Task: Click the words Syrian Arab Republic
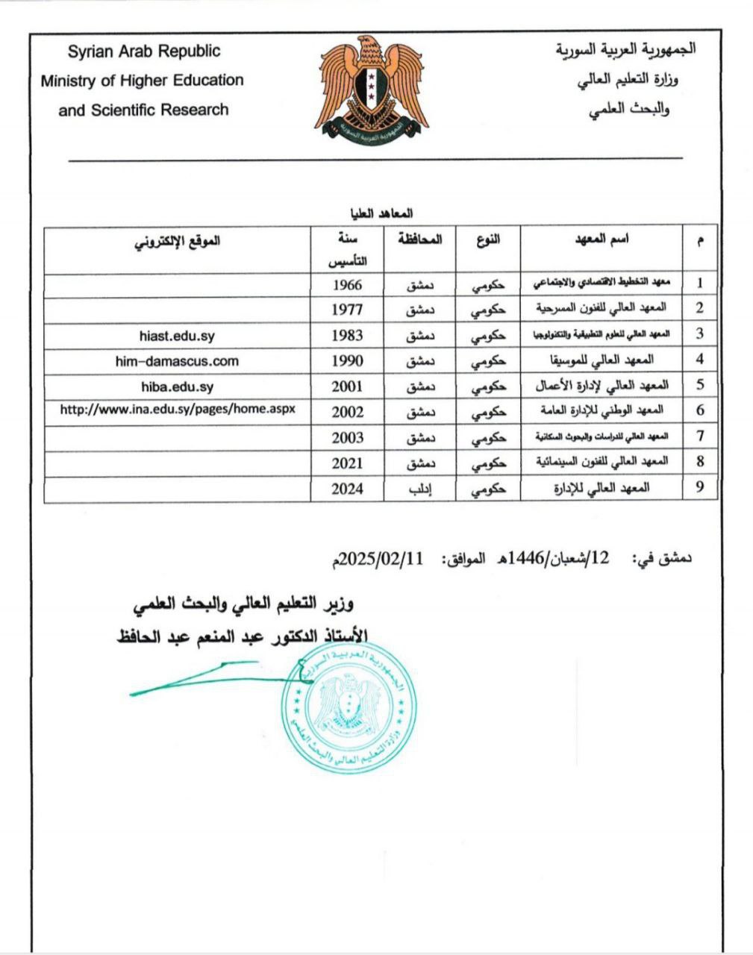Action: pos(144,51)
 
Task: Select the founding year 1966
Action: pos(347,284)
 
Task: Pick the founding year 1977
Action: pos(347,309)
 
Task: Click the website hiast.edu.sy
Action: pos(177,336)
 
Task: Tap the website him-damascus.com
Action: pos(177,361)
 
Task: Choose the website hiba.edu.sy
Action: pos(177,386)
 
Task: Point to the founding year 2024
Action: pos(347,489)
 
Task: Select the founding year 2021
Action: pos(347,463)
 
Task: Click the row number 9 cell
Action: pos(700,488)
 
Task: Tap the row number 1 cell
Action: pos(700,284)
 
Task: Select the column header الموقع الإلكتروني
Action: pos(177,240)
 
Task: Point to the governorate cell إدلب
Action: pos(421,489)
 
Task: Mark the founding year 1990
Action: pos(347,361)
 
